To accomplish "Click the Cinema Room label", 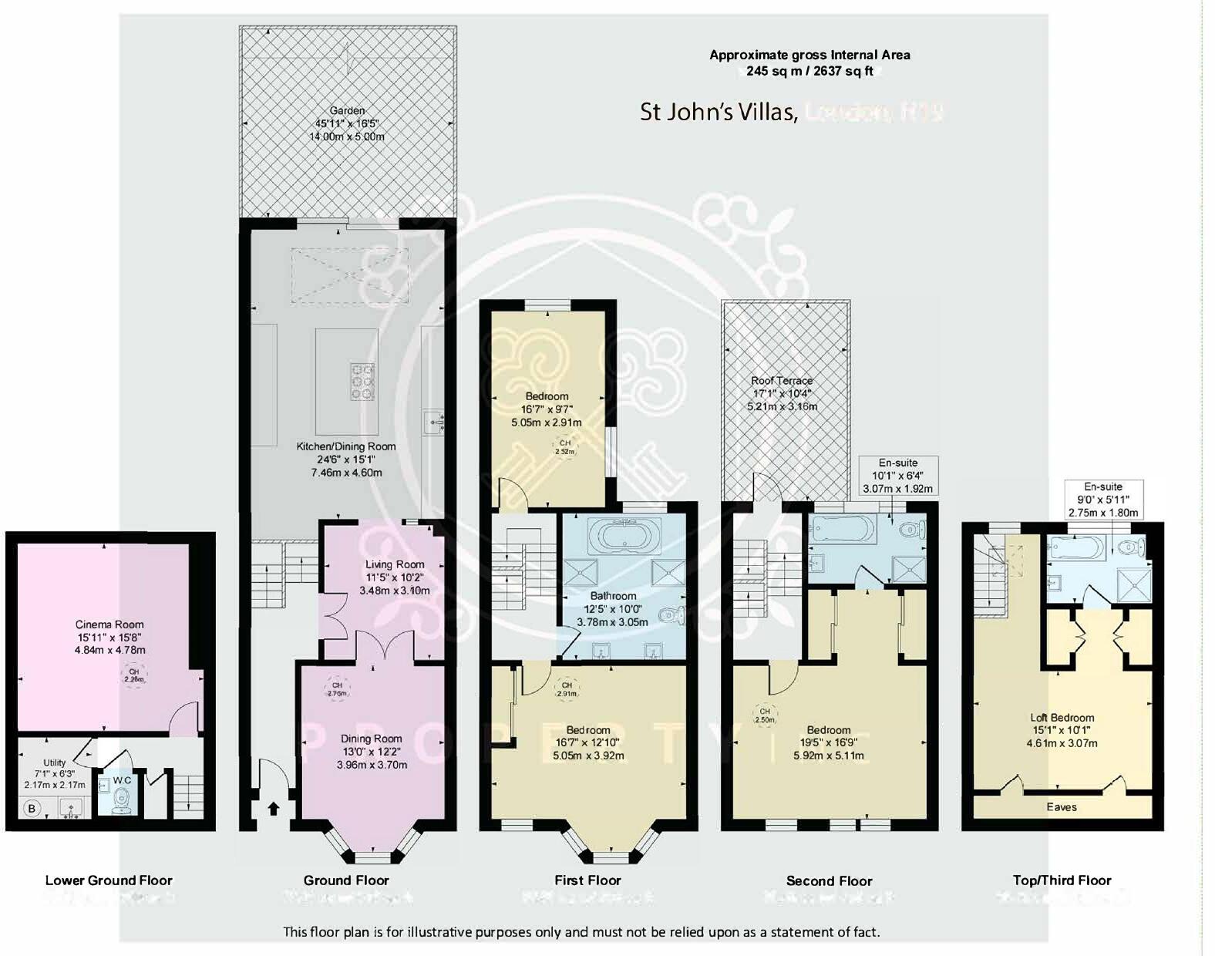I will pyautogui.click(x=109, y=624).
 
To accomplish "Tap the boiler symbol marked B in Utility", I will pyautogui.click(x=32, y=809).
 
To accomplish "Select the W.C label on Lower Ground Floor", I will pyautogui.click(x=122, y=780).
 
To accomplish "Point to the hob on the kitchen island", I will pyautogui.click(x=362, y=381).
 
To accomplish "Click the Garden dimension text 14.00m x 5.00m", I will pyautogui.click(x=347, y=136).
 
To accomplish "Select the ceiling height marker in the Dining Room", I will pyautogui.click(x=337, y=689).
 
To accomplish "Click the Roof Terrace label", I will pyautogui.click(x=782, y=380).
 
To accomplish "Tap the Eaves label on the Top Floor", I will pyautogui.click(x=1062, y=807).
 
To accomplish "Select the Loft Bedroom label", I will pyautogui.click(x=1062, y=717).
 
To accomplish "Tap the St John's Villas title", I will pyautogui.click(x=717, y=113).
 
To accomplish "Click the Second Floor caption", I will pyautogui.click(x=829, y=880).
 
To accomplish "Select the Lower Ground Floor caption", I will pyautogui.click(x=109, y=880).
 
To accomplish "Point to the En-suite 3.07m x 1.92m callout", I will pyautogui.click(x=897, y=476).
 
